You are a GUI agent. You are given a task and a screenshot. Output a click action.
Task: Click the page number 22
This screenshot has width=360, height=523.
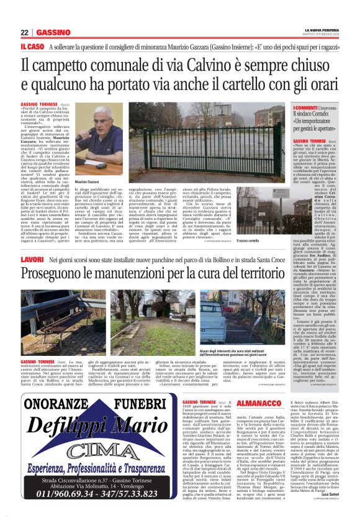pyautogui.click(x=25, y=32)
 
